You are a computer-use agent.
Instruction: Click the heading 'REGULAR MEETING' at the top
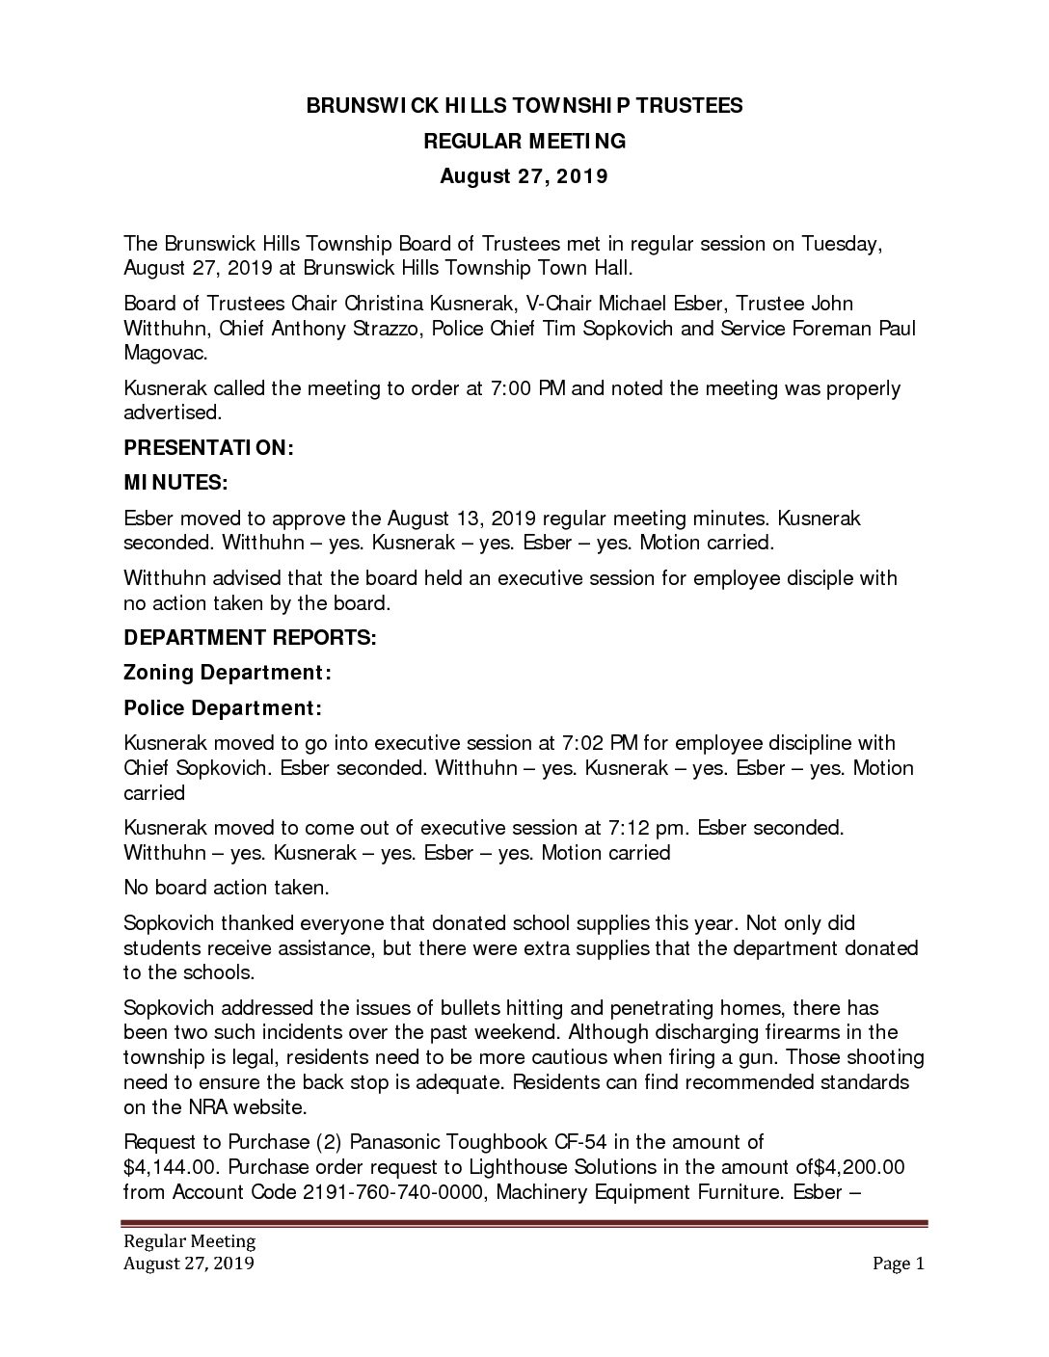click(x=524, y=142)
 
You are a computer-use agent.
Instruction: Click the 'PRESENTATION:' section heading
click(x=208, y=448)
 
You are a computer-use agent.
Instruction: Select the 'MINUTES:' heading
click(x=175, y=483)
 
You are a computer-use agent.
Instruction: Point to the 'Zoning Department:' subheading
click(x=223, y=673)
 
